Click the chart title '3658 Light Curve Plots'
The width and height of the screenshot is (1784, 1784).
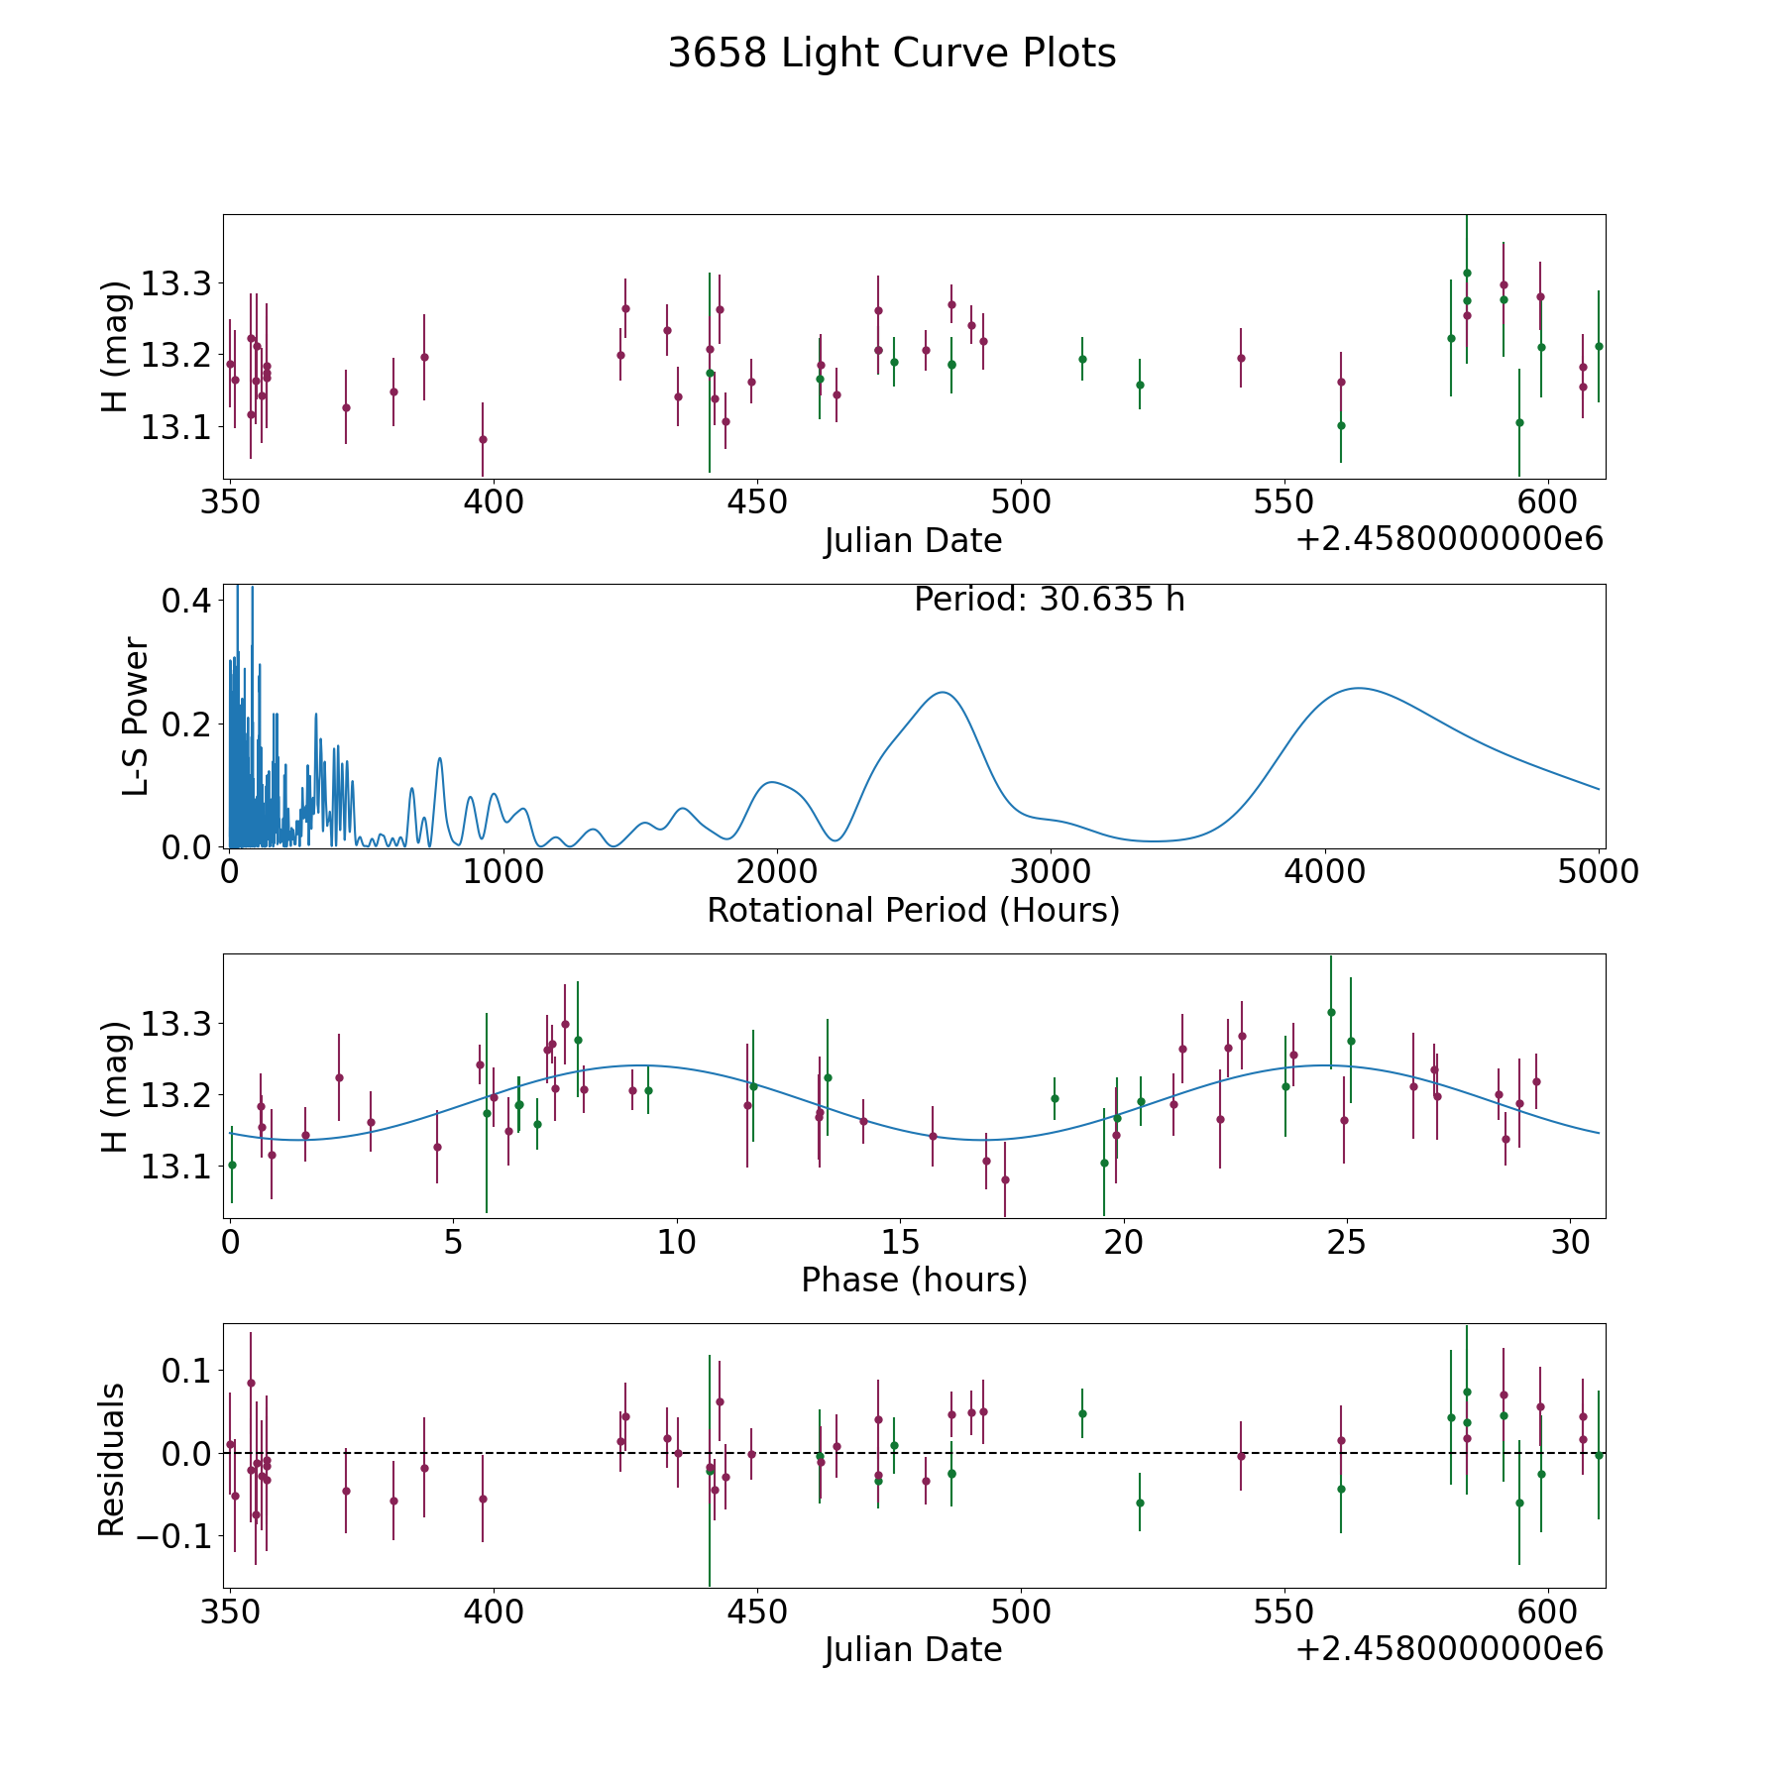892,54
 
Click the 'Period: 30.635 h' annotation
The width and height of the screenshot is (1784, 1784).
1049,600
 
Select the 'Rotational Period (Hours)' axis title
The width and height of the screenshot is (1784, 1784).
913,910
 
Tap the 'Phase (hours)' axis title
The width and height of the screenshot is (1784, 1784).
914,1280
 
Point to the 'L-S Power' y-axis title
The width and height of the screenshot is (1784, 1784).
136,717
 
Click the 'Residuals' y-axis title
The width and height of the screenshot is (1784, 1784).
112,1459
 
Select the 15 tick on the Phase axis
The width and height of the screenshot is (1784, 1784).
899,1242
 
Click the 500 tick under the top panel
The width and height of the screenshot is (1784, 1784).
1020,502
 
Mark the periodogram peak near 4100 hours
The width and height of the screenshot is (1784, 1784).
1357,688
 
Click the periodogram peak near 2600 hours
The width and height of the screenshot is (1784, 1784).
942,692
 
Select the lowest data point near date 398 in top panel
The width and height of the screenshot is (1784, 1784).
483,439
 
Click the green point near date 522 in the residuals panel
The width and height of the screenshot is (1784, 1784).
1140,1503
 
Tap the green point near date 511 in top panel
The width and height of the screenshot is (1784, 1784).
1082,359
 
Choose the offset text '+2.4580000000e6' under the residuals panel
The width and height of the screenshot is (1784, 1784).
1449,1648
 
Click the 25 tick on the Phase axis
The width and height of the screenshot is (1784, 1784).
1346,1242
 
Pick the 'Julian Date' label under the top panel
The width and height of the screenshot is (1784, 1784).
913,541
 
